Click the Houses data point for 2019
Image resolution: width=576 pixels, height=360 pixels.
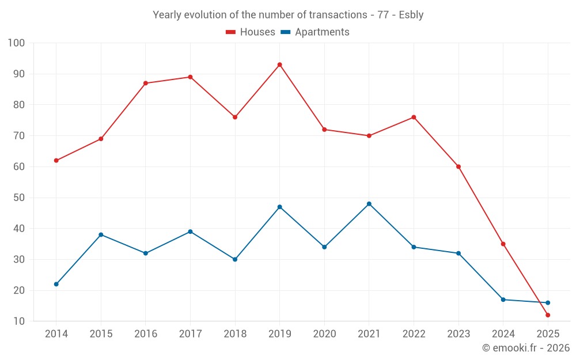pos(279,65)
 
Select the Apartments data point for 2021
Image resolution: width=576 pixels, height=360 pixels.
pos(369,204)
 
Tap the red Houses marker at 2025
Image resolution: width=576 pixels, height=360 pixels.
pos(548,315)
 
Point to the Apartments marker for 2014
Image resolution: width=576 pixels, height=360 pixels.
pos(56,284)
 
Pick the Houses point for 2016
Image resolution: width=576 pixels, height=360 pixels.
pos(146,83)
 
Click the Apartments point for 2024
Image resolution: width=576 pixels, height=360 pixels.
pos(503,300)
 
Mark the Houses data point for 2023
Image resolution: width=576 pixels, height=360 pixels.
pos(458,166)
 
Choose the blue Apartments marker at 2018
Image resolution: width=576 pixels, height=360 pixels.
pos(235,259)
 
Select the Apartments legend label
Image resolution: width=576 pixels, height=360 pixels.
pos(322,32)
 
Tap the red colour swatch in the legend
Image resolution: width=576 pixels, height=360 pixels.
pos(231,32)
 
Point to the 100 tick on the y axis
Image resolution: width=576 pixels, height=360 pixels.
pos(17,43)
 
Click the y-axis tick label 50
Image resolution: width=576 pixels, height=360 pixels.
pos(19,198)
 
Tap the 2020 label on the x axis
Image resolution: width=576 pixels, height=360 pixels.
pos(324,334)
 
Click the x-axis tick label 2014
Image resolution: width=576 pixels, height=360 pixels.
pos(56,334)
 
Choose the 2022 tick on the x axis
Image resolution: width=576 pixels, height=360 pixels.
pos(414,334)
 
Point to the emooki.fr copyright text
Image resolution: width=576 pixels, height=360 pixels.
pos(526,348)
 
